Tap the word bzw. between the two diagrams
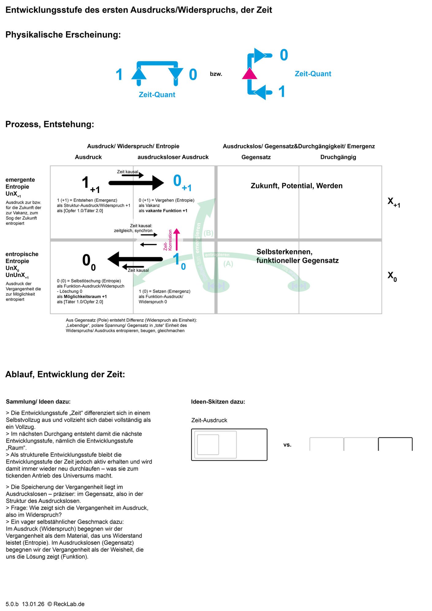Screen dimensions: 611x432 coord(216,74)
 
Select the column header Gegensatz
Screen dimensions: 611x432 coord(256,157)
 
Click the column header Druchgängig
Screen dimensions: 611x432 coord(338,157)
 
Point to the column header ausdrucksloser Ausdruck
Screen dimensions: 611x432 coord(173,157)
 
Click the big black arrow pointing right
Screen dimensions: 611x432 coord(137,183)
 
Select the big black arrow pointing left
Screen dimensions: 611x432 coord(135,259)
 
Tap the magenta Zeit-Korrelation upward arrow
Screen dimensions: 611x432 coord(176,239)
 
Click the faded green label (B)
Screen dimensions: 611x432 coord(209,233)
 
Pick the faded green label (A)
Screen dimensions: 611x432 coord(228,264)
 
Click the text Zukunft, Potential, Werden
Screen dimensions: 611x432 coord(296,186)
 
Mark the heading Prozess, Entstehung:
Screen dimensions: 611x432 coord(50,124)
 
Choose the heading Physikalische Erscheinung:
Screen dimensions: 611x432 coord(63,35)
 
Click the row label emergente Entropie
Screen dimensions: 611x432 coord(20,183)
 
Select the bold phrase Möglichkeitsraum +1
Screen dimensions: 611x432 coord(85,297)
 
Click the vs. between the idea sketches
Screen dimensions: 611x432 coord(287,445)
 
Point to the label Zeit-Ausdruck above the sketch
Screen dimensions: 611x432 coord(209,420)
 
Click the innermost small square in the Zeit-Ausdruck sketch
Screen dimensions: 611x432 coord(208,444)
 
